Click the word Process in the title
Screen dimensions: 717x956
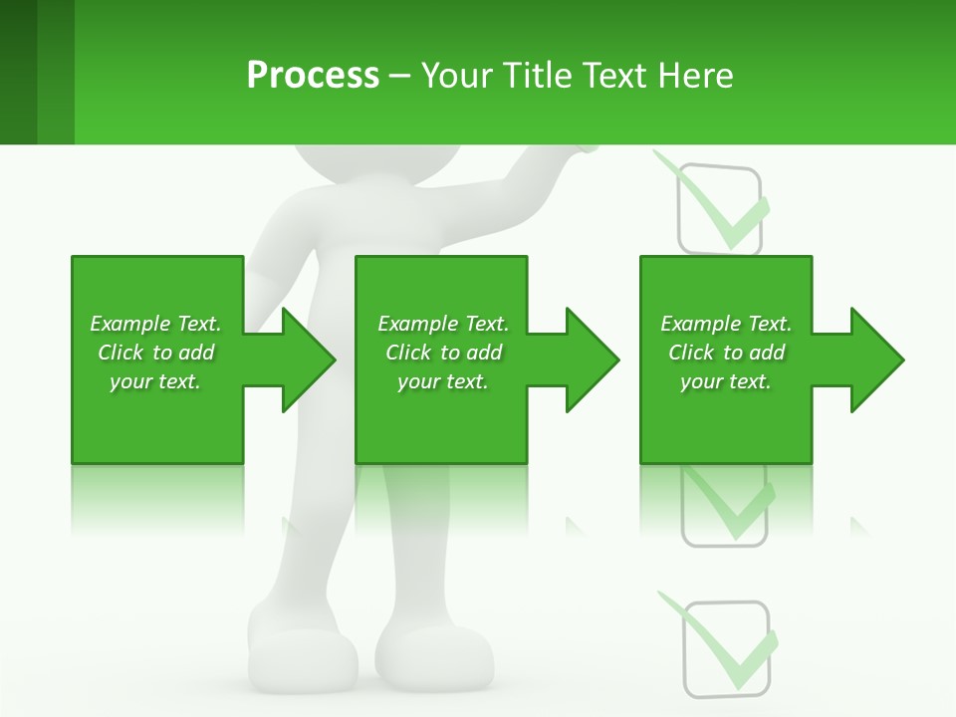click(x=313, y=75)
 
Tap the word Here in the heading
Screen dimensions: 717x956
click(x=696, y=75)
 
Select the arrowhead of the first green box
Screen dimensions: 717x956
click(x=307, y=359)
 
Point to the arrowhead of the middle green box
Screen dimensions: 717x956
click(x=592, y=359)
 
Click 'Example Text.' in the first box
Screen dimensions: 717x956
click(x=155, y=324)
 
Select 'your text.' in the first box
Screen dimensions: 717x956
click(x=155, y=381)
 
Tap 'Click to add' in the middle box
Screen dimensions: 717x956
click(x=443, y=353)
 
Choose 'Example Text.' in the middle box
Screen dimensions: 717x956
click(x=443, y=324)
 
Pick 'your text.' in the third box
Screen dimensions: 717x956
click(x=726, y=381)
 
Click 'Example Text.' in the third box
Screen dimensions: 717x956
click(x=726, y=324)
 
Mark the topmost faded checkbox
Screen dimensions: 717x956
click(x=719, y=209)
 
